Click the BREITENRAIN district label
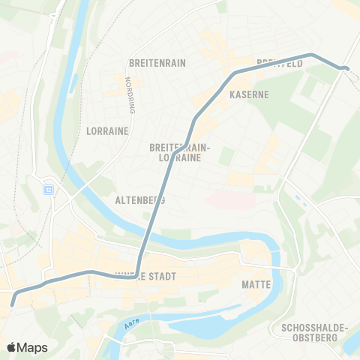(157, 64)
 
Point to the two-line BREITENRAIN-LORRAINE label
(181, 154)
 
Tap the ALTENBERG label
(140, 201)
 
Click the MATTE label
(256, 285)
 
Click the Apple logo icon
(13, 346)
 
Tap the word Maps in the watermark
(33, 347)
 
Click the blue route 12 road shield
(49, 189)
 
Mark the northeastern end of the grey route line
(346, 69)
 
